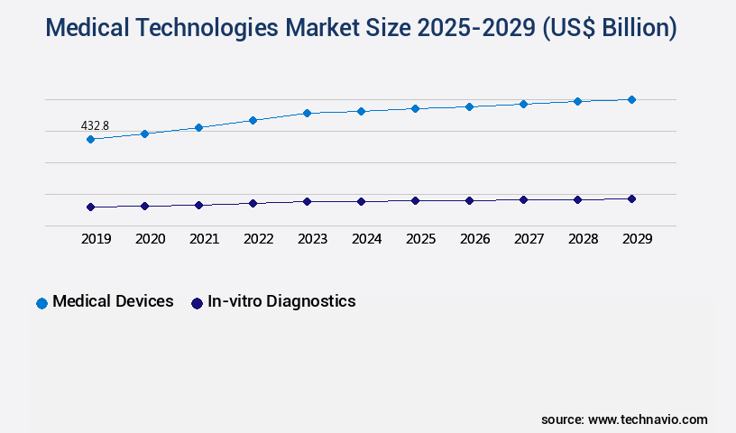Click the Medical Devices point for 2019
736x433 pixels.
coord(90,139)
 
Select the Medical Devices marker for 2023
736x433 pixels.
coord(307,113)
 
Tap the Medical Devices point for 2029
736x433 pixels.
coord(631,99)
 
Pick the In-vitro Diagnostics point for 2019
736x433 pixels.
coord(90,207)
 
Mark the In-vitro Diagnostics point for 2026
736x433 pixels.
coord(469,200)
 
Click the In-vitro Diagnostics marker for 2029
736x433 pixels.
coord(631,198)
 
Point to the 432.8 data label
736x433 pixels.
coord(95,125)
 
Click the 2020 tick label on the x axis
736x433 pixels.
coord(150,239)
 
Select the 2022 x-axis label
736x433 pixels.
coord(258,239)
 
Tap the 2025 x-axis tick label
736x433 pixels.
coord(420,239)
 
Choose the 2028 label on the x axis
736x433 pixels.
coord(583,239)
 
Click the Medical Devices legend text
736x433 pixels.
coord(113,301)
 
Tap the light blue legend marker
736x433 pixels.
coord(41,303)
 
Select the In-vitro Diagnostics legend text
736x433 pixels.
coord(281,301)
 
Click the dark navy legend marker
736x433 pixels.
coord(197,303)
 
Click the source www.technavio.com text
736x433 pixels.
coord(624,419)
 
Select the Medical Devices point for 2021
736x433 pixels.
coord(198,127)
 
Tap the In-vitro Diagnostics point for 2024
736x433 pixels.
coord(361,201)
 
